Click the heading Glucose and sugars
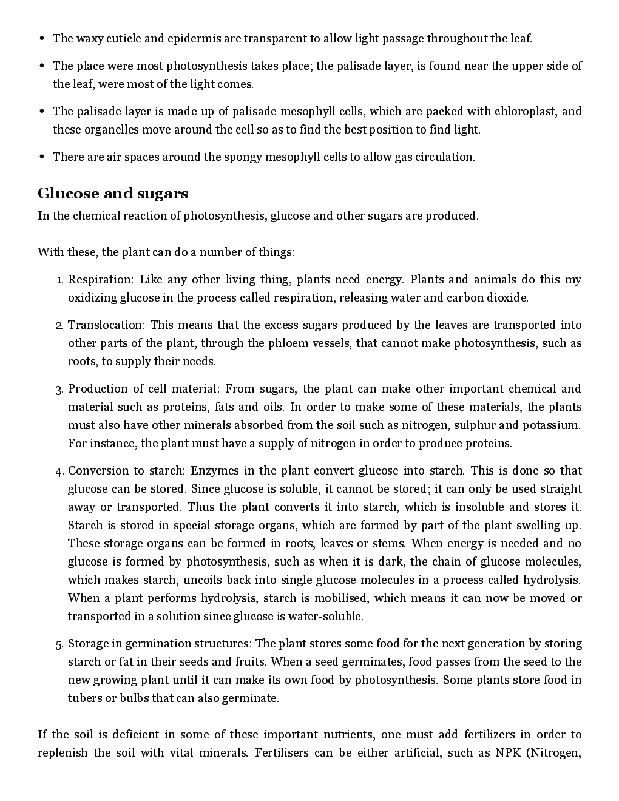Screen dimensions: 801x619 [113, 194]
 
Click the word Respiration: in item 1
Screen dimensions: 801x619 [100, 280]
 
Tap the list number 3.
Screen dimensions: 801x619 [59, 390]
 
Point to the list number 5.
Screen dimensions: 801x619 [59, 644]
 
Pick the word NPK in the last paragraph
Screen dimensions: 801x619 [508, 753]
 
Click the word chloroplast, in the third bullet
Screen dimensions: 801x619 [526, 112]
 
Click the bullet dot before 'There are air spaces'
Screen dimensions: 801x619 [42, 157]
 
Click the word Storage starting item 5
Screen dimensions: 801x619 [89, 644]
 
